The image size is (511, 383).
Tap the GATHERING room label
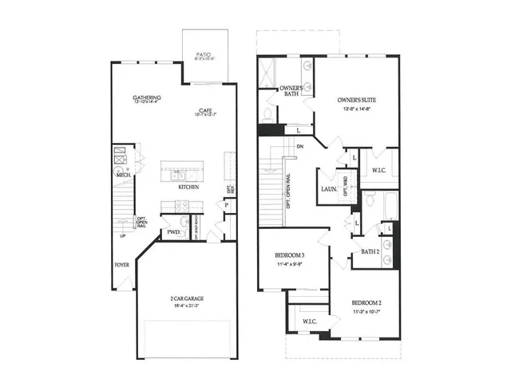[148, 97]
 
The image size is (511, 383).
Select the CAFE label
[205, 111]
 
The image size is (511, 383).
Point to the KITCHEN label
[188, 188]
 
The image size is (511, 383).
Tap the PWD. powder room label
[173, 232]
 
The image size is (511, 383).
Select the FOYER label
[122, 264]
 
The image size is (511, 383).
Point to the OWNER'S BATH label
[289, 93]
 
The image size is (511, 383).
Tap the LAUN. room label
[327, 189]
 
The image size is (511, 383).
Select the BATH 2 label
[370, 251]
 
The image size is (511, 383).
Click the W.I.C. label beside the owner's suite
[378, 170]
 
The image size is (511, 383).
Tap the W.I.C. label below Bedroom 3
[310, 321]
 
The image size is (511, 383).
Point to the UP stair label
[123, 236]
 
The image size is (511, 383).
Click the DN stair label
[299, 147]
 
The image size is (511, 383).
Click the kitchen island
[182, 170]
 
